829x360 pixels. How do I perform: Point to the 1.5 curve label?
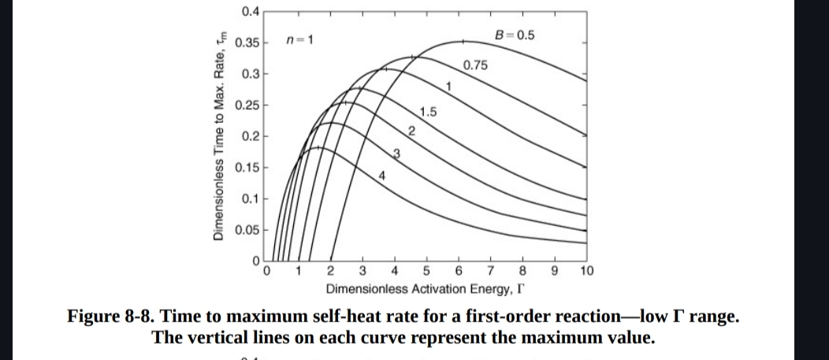tap(429, 112)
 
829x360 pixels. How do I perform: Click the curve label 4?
tap(381, 175)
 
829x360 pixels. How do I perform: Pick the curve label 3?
tap(397, 152)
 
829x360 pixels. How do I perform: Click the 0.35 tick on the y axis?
tap(250, 41)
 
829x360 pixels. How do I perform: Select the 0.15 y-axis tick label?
tap(250, 168)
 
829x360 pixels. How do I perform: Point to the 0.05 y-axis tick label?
tap(250, 231)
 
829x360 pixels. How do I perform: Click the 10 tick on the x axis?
tap(586, 273)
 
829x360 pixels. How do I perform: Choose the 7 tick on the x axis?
tap(491, 273)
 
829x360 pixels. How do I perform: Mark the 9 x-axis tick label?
tap(555, 273)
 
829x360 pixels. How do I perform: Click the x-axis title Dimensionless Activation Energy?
tap(414, 288)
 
